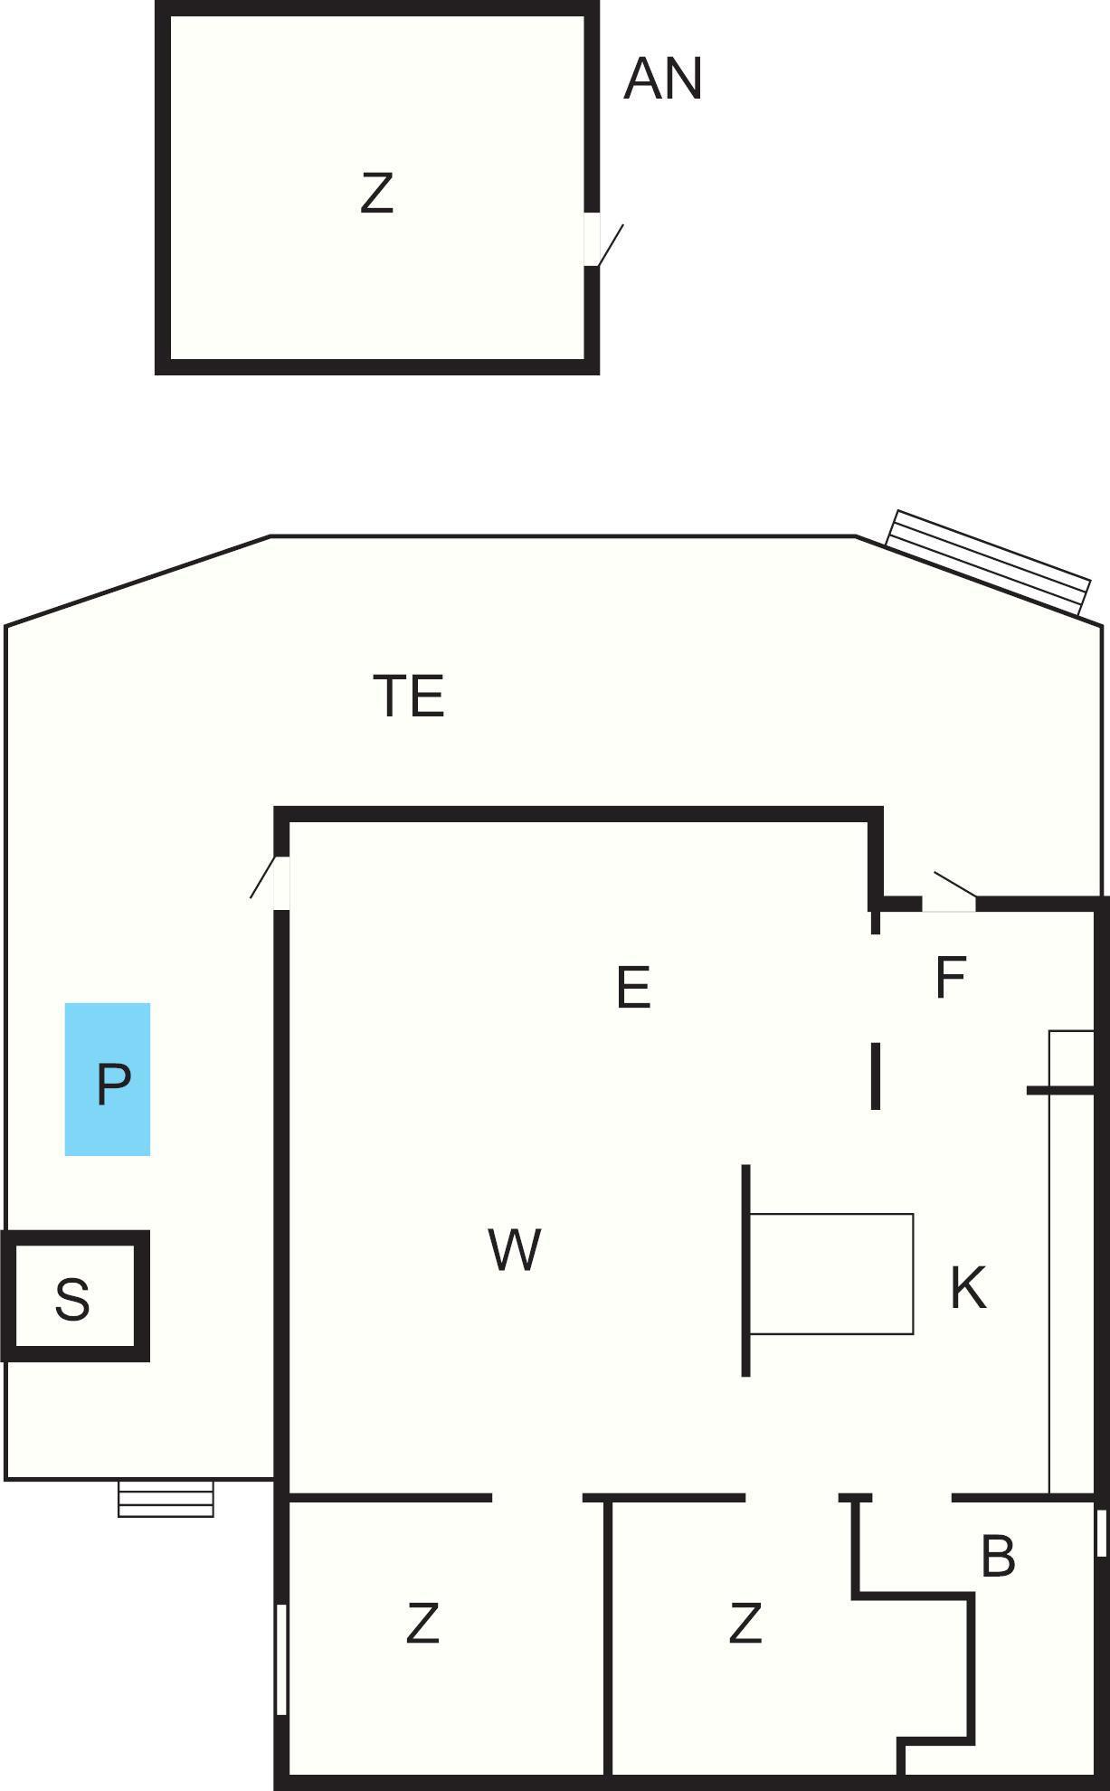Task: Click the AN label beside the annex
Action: pos(663,79)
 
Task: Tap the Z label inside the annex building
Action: pos(377,193)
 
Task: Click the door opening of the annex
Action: pos(592,239)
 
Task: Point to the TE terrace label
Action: pos(409,696)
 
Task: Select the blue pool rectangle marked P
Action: pos(108,1079)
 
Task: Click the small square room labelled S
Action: pos(74,1296)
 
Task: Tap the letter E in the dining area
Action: pos(633,987)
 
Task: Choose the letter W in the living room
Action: pos(515,1249)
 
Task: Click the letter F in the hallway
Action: pos(951,977)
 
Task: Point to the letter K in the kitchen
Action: pos(968,1287)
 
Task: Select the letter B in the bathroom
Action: pos(998,1556)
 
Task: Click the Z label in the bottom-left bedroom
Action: pos(422,1623)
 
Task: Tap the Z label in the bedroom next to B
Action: pos(745,1623)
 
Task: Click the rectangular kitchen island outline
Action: pos(831,1274)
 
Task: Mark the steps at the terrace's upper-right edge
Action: pos(988,563)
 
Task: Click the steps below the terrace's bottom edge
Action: pos(166,1498)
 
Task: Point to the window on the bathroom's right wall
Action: pos(1101,1532)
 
